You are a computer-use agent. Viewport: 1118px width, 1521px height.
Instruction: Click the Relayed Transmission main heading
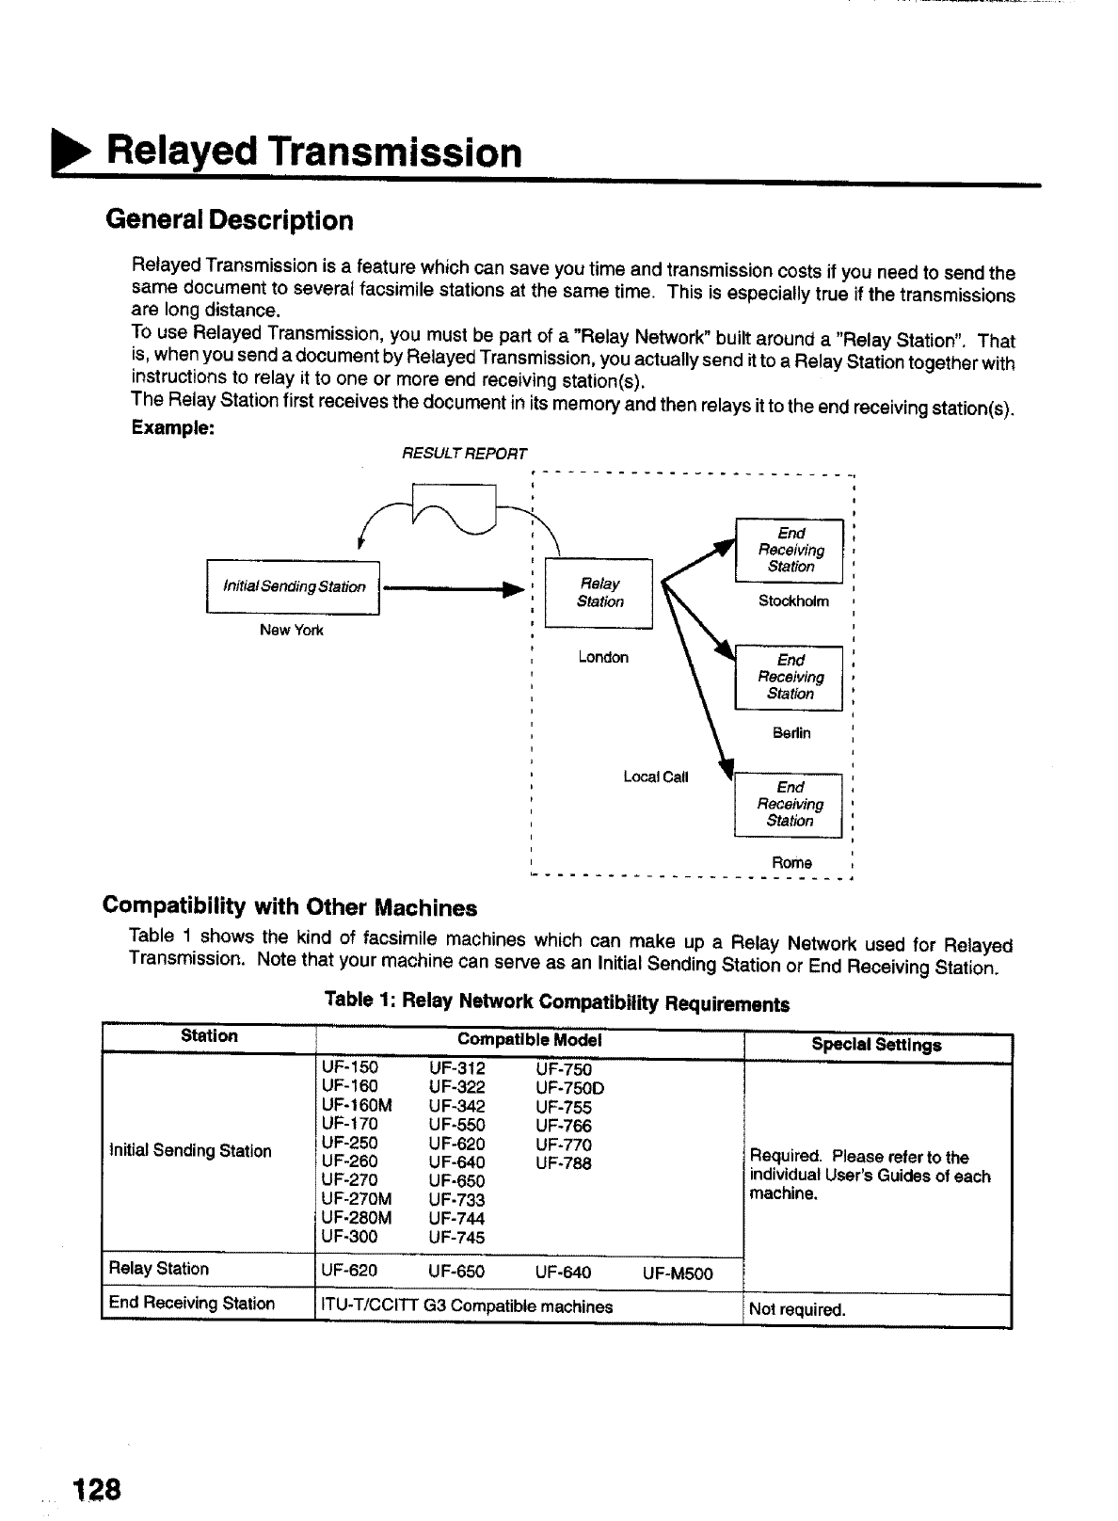[x=313, y=152]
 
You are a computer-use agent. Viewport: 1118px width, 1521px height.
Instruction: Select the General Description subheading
[x=230, y=220]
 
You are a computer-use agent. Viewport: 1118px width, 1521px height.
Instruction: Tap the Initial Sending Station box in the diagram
[x=293, y=586]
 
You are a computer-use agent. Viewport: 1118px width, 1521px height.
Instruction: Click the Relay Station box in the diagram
[x=599, y=593]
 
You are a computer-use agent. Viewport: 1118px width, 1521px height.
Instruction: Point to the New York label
[x=291, y=630]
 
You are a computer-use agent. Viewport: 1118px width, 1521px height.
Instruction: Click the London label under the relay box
[x=603, y=657]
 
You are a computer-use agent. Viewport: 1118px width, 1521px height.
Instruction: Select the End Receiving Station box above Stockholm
[x=790, y=550]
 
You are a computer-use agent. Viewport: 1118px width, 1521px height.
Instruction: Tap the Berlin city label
[x=791, y=732]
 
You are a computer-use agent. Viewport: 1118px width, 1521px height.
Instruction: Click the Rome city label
[x=791, y=862]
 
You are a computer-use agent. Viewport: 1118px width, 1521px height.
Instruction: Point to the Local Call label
[x=656, y=777]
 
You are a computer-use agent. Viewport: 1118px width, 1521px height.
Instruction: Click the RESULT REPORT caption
[x=465, y=454]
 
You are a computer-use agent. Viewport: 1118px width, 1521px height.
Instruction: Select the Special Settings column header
[x=876, y=1045]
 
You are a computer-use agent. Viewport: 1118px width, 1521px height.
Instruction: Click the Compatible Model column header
[x=529, y=1040]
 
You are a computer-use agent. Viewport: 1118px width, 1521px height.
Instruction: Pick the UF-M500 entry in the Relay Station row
[x=678, y=1273]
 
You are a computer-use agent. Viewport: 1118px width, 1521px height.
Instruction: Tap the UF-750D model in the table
[x=569, y=1088]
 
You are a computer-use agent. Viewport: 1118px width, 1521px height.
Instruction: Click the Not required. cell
[x=797, y=1309]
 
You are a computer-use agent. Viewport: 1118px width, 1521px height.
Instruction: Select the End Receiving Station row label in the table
[x=192, y=1304]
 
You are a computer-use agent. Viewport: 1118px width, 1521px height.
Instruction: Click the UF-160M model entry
[x=356, y=1106]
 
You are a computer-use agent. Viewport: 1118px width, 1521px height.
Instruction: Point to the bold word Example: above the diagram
[x=173, y=427]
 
